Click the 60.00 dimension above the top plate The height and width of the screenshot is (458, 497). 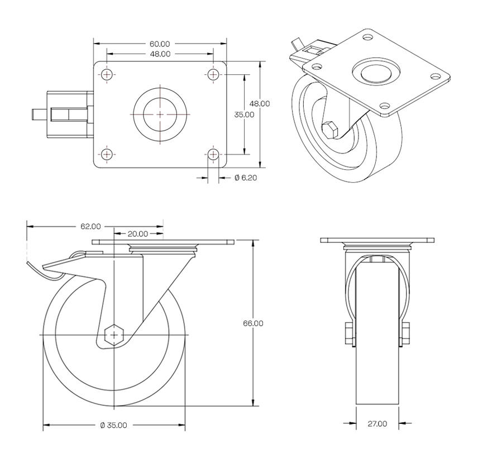(x=160, y=44)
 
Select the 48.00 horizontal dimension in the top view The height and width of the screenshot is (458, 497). (x=160, y=54)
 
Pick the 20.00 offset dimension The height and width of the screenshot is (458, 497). (x=138, y=234)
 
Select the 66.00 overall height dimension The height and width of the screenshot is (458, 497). (x=254, y=323)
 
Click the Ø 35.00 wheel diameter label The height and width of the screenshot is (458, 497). (x=113, y=425)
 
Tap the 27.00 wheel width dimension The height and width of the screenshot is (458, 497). (x=377, y=424)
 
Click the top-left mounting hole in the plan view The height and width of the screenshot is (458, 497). (x=107, y=74)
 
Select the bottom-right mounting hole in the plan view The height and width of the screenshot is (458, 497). (x=213, y=154)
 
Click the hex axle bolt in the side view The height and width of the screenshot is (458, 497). (x=114, y=335)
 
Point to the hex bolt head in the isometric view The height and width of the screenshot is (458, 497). (x=329, y=130)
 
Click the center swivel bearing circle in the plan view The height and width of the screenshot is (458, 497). (x=160, y=114)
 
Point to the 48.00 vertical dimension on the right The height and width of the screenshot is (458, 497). (x=260, y=103)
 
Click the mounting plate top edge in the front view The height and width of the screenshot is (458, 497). (x=377, y=240)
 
